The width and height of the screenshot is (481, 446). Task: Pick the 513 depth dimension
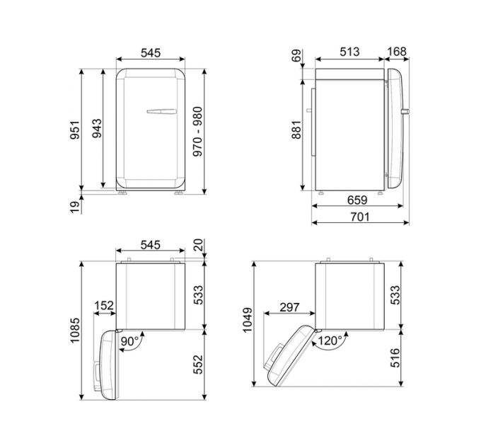pos(349,52)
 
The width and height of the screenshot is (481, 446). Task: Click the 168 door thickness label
pos(397,52)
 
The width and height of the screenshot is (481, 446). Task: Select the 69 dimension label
pos(296,57)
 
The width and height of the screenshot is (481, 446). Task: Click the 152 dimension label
pos(103,307)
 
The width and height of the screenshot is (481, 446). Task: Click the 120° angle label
pos(330,341)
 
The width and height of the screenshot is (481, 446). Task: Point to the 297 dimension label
pos(289,308)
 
